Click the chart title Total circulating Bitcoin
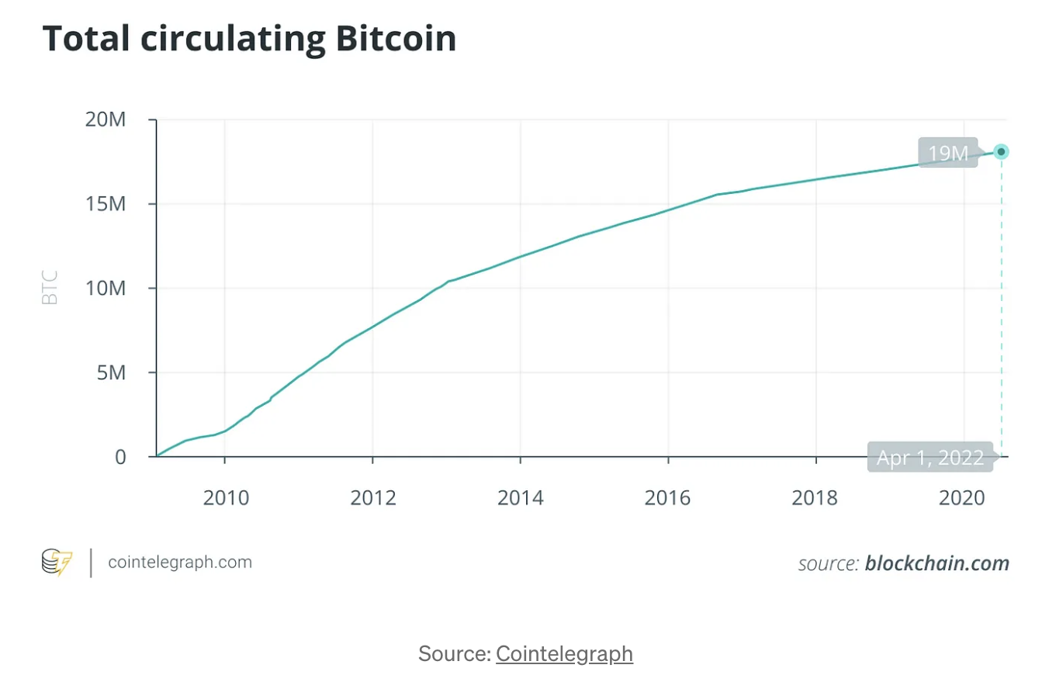pos(249,39)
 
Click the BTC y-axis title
pos(50,288)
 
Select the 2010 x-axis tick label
pos(225,497)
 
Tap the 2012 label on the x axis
pos(373,497)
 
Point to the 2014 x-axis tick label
pos(521,497)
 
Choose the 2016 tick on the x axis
pos(668,497)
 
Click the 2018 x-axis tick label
pos(815,497)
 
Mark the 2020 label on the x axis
pos(963,497)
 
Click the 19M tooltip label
pos(948,153)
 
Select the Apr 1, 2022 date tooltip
pos(930,458)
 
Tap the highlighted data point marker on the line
pos(1001,152)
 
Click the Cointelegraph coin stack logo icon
pos(57,562)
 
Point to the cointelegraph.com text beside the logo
pos(180,562)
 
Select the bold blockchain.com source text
pos(937,563)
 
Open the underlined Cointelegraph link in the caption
pos(564,653)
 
